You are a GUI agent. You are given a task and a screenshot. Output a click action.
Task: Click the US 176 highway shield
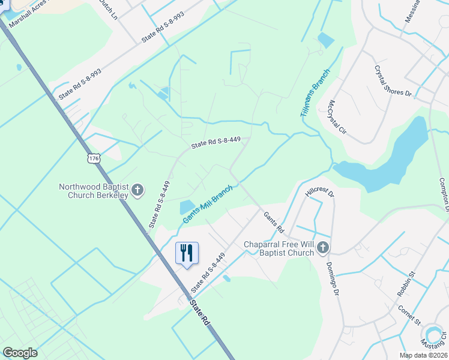click(92, 158)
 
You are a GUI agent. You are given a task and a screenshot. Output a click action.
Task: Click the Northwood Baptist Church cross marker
click(137, 191)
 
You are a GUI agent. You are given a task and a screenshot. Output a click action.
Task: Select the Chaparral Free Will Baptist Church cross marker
click(323, 248)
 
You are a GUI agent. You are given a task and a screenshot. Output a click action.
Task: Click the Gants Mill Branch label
click(208, 206)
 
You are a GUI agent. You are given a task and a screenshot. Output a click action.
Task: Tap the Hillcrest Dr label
click(319, 192)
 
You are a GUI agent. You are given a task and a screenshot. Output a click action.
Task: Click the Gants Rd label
click(273, 221)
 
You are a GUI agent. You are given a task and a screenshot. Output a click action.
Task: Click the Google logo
click(20, 353)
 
